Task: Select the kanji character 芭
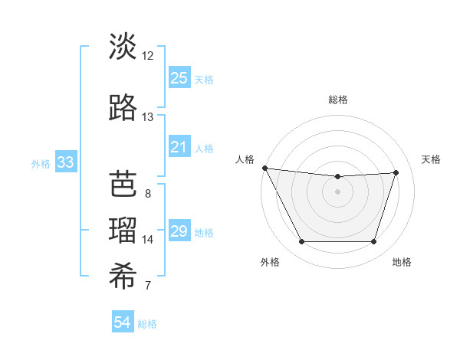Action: [x=123, y=184]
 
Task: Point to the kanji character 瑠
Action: [x=123, y=230]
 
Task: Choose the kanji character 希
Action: [x=123, y=277]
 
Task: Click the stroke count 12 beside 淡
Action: [x=148, y=56]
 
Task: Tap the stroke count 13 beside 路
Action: [x=148, y=117]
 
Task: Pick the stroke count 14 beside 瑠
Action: [x=148, y=240]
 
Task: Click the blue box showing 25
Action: [x=179, y=78]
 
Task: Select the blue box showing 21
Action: [x=179, y=146]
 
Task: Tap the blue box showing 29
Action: [x=179, y=231]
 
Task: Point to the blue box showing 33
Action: [x=65, y=162]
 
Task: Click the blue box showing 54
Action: [x=123, y=322]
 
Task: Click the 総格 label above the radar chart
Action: [x=338, y=100]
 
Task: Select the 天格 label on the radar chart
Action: [x=431, y=159]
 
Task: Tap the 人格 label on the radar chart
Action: [x=245, y=159]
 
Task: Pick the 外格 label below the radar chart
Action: [x=270, y=262]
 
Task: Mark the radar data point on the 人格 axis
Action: [x=264, y=168]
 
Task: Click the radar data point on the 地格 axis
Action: [x=374, y=242]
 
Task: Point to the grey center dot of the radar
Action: [x=338, y=191]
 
